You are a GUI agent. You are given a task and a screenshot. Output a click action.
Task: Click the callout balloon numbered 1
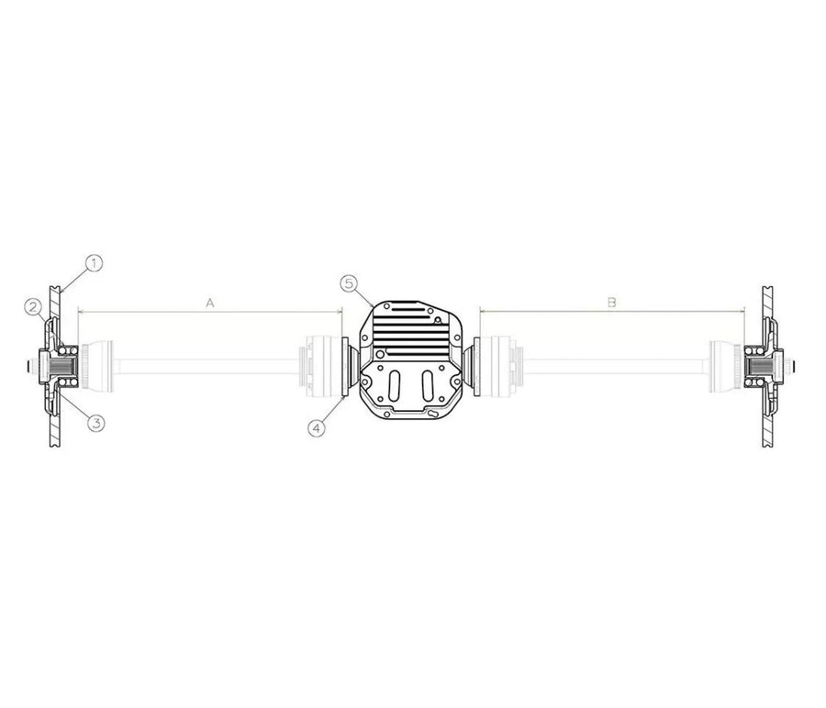click(x=94, y=263)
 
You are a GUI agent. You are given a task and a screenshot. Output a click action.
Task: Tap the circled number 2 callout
click(x=33, y=306)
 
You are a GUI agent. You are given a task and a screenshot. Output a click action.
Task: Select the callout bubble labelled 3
click(x=95, y=422)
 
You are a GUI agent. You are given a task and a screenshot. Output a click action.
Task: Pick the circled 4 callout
click(x=317, y=428)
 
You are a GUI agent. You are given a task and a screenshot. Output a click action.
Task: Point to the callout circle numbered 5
click(x=349, y=283)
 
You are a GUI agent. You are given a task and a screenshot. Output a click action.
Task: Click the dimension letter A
click(x=210, y=303)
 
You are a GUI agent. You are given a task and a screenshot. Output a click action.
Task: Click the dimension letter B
click(x=611, y=303)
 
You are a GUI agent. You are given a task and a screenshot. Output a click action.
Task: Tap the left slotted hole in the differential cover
click(x=394, y=386)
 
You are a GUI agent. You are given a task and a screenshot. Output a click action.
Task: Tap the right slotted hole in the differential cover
click(x=428, y=386)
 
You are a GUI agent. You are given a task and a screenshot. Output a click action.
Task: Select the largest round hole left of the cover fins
click(x=379, y=355)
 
